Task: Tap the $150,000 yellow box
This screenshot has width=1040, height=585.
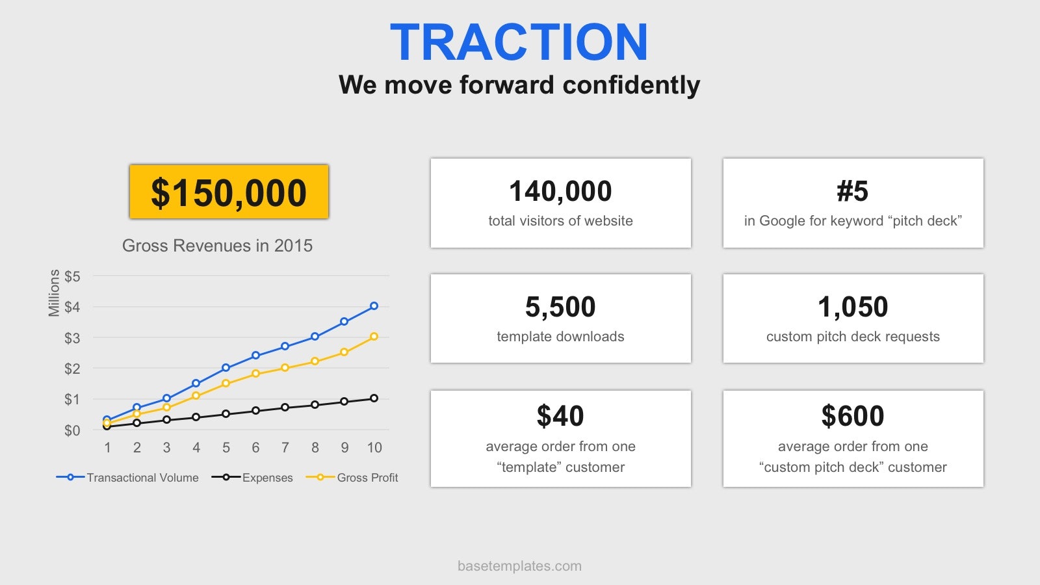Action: coord(229,191)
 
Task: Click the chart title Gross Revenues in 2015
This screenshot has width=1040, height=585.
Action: coord(217,246)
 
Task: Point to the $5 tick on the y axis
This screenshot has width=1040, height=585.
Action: coord(72,276)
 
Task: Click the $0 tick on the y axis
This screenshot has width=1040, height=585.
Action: coord(72,430)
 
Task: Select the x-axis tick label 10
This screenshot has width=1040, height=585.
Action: coord(374,448)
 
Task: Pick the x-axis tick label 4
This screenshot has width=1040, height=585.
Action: coord(196,448)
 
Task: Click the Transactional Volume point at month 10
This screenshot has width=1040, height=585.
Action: coord(374,306)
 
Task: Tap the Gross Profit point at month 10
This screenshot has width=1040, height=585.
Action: coord(374,337)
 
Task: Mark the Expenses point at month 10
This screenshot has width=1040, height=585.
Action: coord(374,398)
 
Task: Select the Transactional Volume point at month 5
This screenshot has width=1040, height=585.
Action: coord(226,368)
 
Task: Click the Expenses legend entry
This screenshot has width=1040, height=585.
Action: coord(252,477)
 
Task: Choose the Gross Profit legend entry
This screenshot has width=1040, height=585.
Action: coord(352,477)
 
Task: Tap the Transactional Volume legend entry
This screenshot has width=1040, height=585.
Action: coord(127,477)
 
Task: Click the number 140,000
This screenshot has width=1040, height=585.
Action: coord(560,191)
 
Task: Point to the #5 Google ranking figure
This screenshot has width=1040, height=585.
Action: coord(852,191)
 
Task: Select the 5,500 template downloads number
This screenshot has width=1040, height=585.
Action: coord(560,306)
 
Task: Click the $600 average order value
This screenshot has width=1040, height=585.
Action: coord(852,415)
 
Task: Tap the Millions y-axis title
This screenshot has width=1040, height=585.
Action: coord(55,293)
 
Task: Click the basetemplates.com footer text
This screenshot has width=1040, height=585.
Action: coord(519,566)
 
